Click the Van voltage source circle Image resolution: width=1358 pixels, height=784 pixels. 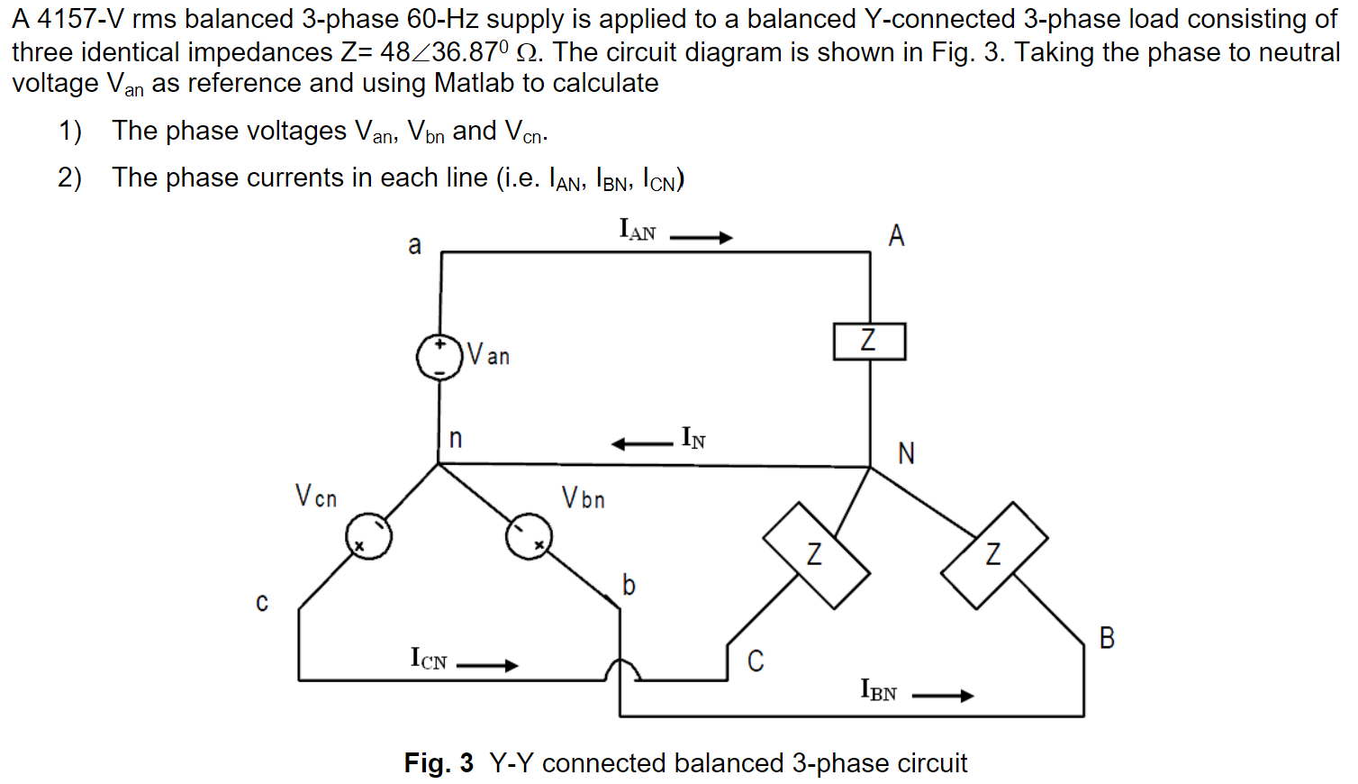click(x=439, y=358)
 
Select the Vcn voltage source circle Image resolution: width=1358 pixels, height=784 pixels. click(x=368, y=537)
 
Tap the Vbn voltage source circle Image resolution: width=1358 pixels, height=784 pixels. click(x=529, y=537)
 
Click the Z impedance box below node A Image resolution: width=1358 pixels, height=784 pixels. click(x=869, y=341)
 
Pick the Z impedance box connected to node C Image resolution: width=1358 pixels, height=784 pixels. click(x=816, y=555)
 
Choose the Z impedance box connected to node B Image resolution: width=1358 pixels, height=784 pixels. click(x=994, y=555)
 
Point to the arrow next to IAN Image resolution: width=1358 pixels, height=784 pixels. click(x=702, y=238)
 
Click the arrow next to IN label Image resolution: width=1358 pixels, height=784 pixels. click(x=641, y=443)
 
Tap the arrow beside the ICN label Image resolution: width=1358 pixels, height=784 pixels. click(x=487, y=666)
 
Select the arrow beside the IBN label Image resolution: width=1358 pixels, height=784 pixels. click(x=943, y=696)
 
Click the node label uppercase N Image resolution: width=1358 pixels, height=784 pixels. click(x=906, y=453)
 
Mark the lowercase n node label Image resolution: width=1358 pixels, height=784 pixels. click(x=456, y=439)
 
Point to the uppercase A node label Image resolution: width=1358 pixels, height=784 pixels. click(x=896, y=236)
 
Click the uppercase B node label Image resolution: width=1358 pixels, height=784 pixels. click(x=1107, y=638)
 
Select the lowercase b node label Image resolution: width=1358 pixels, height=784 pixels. click(x=629, y=586)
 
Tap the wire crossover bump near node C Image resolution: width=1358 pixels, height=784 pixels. click(x=621, y=669)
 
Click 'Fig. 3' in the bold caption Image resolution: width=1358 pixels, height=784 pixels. click(x=439, y=763)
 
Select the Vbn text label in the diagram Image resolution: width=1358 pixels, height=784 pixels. click(x=583, y=497)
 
